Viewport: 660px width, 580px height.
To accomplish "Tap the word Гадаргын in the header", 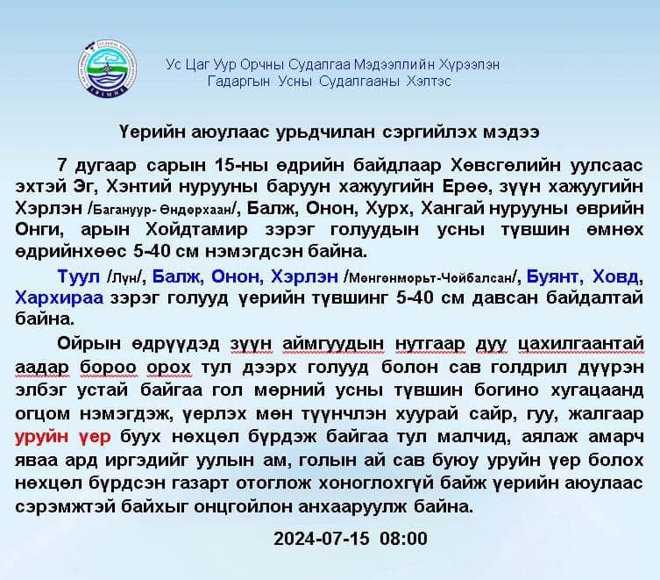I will coord(238,81).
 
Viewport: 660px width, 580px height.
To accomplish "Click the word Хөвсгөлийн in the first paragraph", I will coord(500,166).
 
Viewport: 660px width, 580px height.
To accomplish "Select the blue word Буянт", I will coord(554,276).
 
